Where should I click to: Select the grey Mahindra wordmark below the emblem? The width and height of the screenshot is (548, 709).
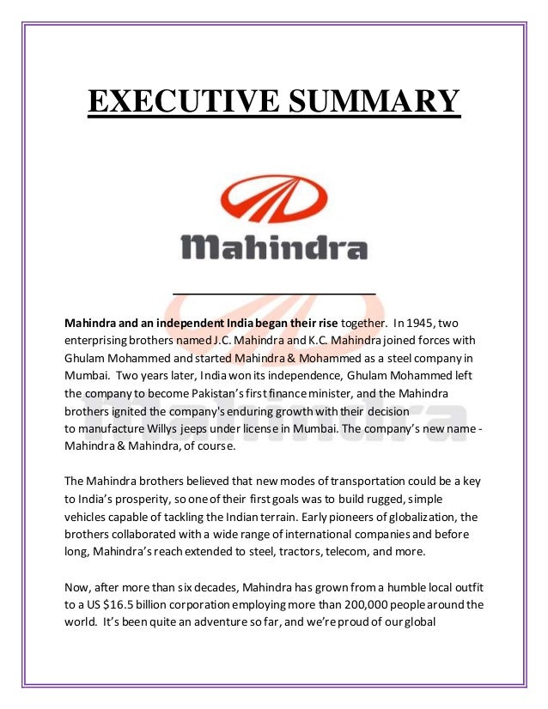pyautogui.click(x=273, y=246)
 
